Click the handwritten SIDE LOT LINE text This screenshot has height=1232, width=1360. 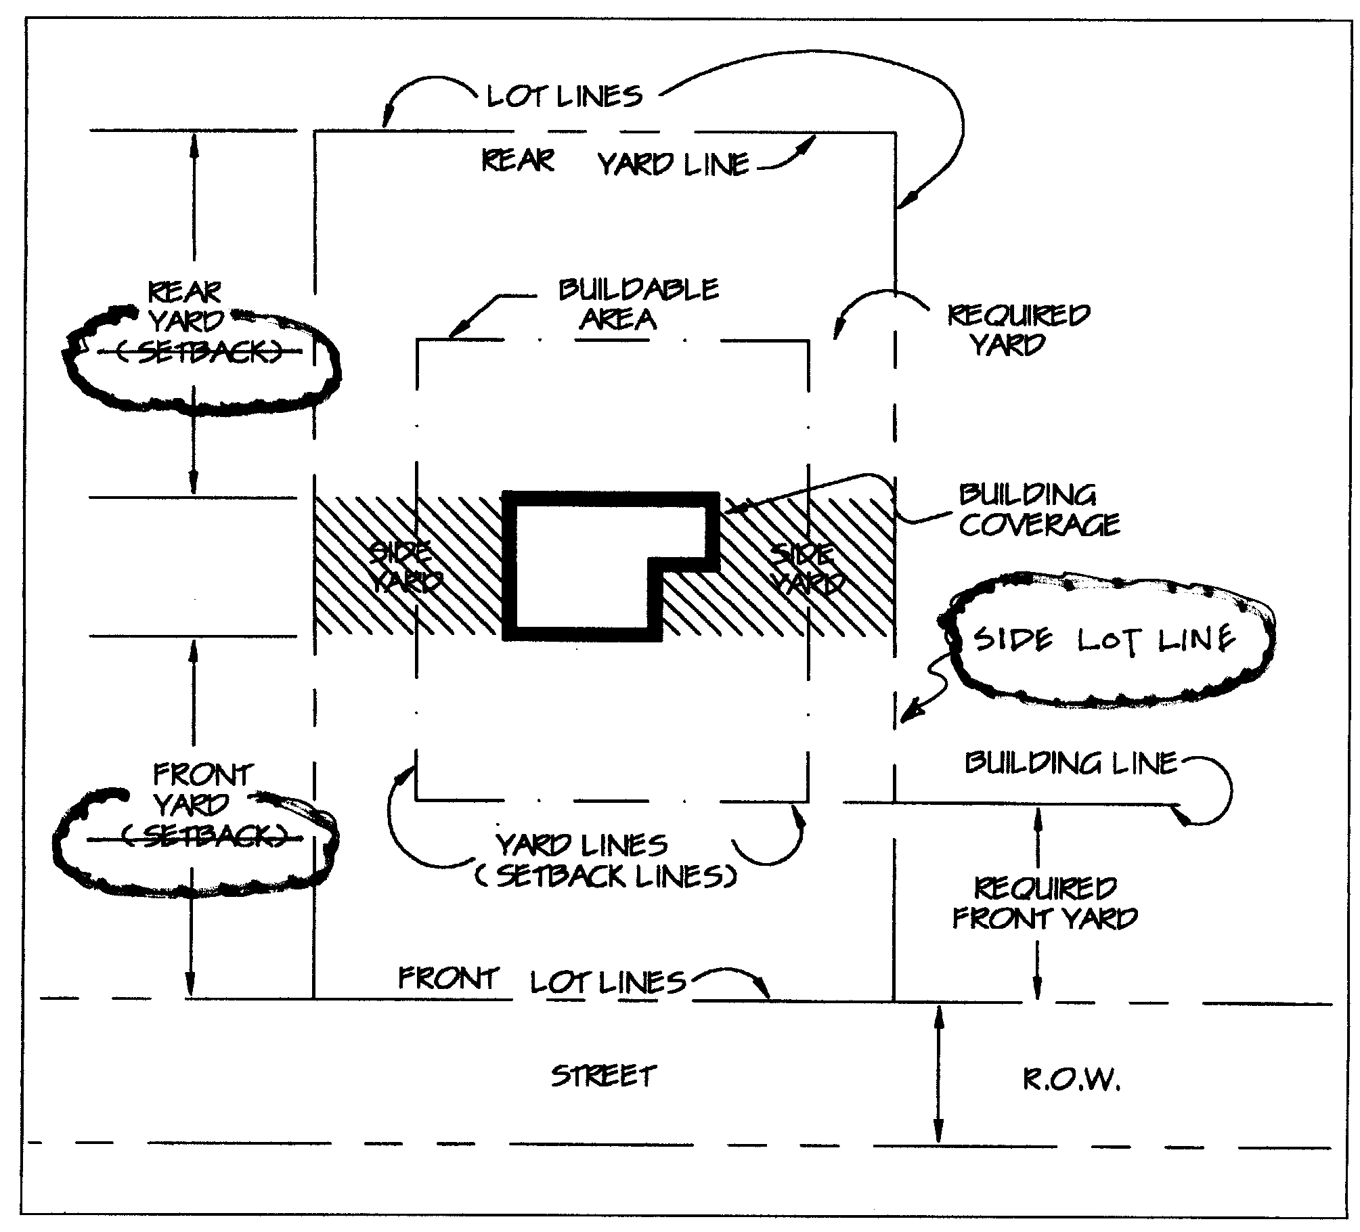[1105, 638]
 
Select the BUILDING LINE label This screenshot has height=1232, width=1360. [1071, 764]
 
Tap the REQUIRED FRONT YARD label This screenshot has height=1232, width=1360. [1045, 903]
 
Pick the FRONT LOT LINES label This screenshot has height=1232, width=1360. [542, 980]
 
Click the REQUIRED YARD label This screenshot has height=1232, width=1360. [1017, 330]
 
